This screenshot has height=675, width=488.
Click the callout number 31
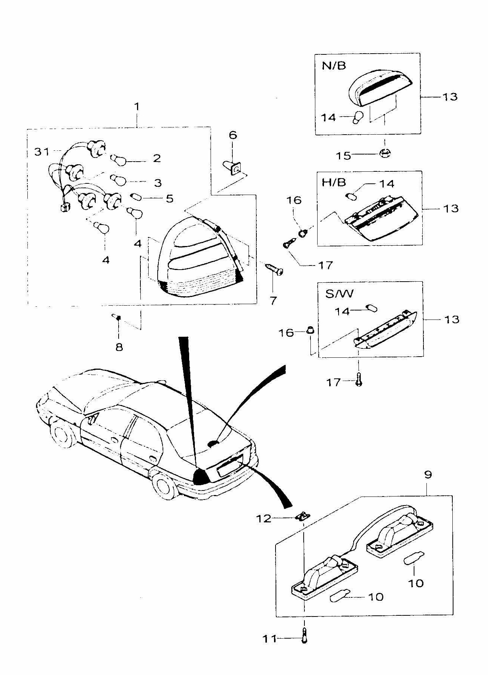pos(42,152)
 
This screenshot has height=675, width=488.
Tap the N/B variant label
pos(334,66)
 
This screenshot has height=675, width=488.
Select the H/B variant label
pos(334,183)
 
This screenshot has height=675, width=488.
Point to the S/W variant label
pos(339,293)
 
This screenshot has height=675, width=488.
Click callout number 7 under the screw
pos(273,300)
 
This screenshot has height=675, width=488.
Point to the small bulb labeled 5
pos(136,196)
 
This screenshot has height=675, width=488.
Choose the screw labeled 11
pos(304,635)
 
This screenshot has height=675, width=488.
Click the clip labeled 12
pos(303,517)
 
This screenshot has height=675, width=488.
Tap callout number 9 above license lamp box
pos(428,474)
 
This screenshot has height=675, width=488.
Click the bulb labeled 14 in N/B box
pos(358,117)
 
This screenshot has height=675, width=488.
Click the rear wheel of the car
pos(165,485)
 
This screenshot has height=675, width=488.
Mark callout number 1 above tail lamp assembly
pos(137,106)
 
